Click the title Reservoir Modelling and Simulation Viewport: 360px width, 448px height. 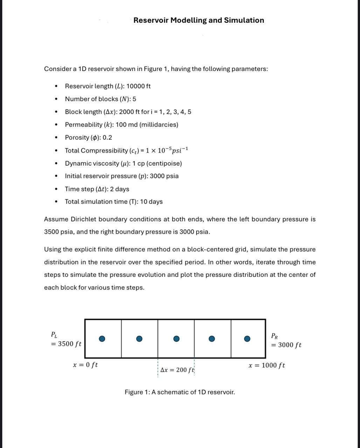click(x=199, y=20)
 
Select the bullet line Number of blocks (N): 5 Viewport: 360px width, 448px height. click(x=101, y=99)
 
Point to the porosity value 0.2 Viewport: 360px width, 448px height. click(x=107, y=138)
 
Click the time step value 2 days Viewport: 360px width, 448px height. click(x=119, y=189)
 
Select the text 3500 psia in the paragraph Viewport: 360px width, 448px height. click(x=58, y=232)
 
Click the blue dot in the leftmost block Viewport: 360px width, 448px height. click(x=102, y=338)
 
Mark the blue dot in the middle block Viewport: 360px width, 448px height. click(x=176, y=338)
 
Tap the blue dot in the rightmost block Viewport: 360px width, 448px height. click(x=247, y=338)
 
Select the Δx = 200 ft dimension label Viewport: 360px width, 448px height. click(x=177, y=370)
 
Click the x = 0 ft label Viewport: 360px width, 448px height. click(x=85, y=365)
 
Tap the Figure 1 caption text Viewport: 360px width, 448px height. click(x=180, y=392)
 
